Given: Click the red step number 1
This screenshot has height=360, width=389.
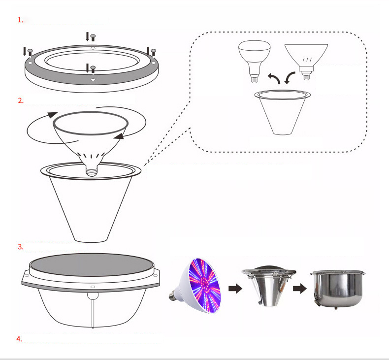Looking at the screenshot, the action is coord(20,20).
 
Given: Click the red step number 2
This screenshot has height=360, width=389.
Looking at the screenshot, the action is coord(21,101).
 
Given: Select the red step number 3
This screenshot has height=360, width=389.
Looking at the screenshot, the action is coord(21,247).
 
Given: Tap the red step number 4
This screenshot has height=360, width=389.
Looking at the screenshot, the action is coord(19,339).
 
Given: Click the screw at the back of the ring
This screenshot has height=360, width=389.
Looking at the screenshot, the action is coord(93,38).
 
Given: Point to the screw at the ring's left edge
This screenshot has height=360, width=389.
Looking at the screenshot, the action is coord(30,52).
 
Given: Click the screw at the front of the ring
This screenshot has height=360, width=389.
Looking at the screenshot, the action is coord(93,69).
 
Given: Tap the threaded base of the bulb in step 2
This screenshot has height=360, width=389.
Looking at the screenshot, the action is coord(91,170).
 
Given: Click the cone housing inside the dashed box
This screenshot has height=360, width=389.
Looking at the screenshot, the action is coord(282,112).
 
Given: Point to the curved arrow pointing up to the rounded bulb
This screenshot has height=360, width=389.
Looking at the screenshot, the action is coord(274,78).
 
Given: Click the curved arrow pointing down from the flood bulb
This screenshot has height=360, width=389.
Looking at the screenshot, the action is coord(289,78).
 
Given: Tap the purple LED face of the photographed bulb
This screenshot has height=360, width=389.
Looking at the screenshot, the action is coord(205,285).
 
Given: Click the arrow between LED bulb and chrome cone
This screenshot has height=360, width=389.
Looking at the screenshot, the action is coord(235,289).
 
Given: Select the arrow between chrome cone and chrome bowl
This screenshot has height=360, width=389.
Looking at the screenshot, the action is coord(300,289).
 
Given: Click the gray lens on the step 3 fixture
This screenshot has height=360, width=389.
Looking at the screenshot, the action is coord(92,264).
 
